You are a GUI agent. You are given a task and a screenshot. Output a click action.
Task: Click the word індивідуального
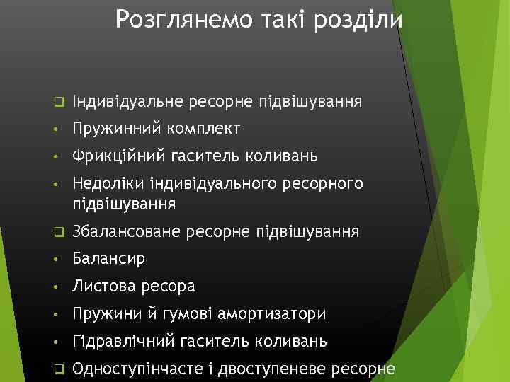click(x=217, y=184)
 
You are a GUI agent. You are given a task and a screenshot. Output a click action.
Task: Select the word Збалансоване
click(x=128, y=231)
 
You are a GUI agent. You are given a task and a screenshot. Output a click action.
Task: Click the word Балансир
click(x=108, y=259)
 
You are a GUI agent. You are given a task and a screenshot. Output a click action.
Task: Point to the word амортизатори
click(x=283, y=313)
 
